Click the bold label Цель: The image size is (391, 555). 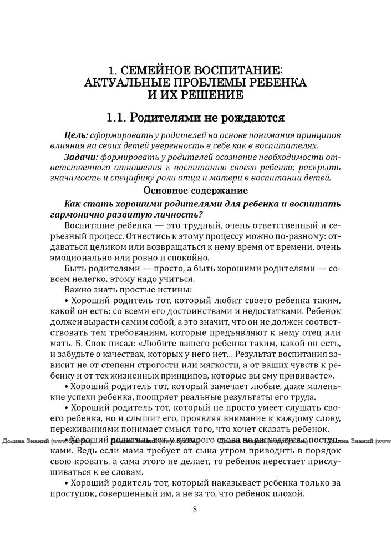pyautogui.click(x=76, y=135)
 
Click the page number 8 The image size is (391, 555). pyautogui.click(x=195, y=509)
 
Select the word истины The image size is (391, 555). pyautogui.click(x=175, y=289)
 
